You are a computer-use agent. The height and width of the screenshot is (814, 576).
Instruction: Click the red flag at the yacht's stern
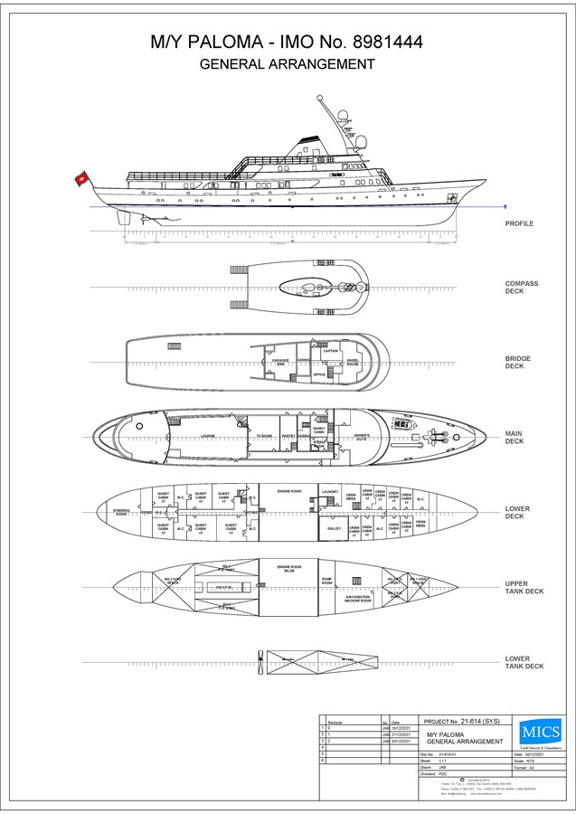pos(80,178)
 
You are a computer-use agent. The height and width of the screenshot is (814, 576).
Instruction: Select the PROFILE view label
pos(519,222)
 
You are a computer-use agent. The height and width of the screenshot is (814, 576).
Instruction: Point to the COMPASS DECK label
pos(522,288)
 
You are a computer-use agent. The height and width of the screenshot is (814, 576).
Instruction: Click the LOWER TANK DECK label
pos(524,662)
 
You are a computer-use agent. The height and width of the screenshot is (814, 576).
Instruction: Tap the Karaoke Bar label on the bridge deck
pos(281,361)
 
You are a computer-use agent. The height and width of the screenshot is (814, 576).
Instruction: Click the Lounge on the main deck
pos(207,434)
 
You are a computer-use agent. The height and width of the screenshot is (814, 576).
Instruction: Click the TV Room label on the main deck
pos(264,435)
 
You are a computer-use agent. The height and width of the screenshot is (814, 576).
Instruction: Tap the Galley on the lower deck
pos(333,528)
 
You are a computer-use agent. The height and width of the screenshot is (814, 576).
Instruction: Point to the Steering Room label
pos(122,513)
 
